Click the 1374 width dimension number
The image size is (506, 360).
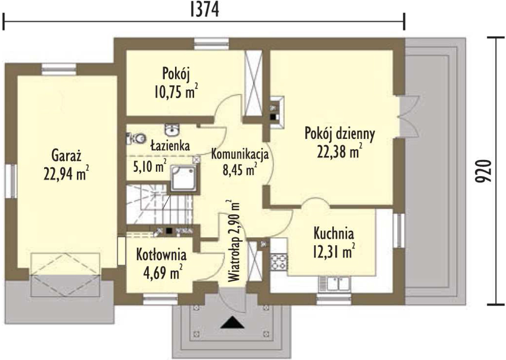pos(205,11)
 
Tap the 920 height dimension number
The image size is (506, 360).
pos(484,171)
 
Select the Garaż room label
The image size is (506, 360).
pos(67,156)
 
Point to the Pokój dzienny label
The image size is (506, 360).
pos(340,134)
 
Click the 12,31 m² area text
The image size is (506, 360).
pos(334,251)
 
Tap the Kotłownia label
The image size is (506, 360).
pos(161,254)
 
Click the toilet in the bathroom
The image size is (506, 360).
pos(136,138)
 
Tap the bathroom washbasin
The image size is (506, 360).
pos(172,130)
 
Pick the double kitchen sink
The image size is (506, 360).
pos(335,284)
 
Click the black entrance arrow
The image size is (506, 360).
pos(232,322)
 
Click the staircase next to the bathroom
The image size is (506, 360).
pos(160,204)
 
